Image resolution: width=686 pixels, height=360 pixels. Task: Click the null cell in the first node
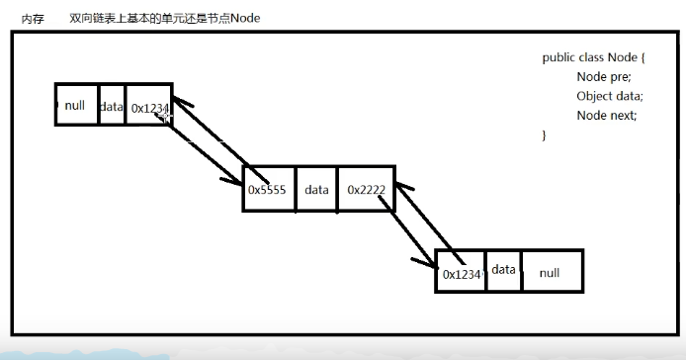point(76,105)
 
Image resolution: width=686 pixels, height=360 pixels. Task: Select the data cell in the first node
point(112,106)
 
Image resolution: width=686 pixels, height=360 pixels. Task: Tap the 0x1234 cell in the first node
point(148,107)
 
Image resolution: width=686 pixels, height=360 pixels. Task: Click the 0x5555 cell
point(268,189)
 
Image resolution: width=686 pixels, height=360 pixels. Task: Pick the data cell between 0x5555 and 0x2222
point(316,189)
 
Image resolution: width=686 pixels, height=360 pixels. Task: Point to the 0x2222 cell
point(366,189)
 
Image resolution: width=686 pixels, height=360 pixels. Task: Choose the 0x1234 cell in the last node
point(462,274)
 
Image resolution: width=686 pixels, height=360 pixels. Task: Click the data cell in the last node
point(504,269)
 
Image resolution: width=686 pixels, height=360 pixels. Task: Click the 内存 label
point(33,19)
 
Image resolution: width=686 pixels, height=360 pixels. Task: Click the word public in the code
point(559,58)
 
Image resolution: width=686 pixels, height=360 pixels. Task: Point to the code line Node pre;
point(603,77)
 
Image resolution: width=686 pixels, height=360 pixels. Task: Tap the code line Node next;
point(606,115)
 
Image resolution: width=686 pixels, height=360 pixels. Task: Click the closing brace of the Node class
point(545,135)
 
